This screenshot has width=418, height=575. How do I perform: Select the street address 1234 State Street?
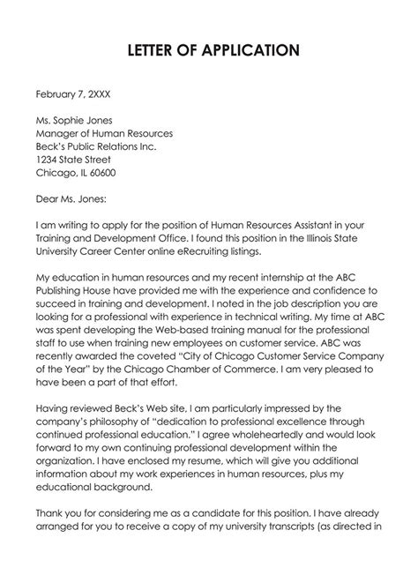[73, 161]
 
